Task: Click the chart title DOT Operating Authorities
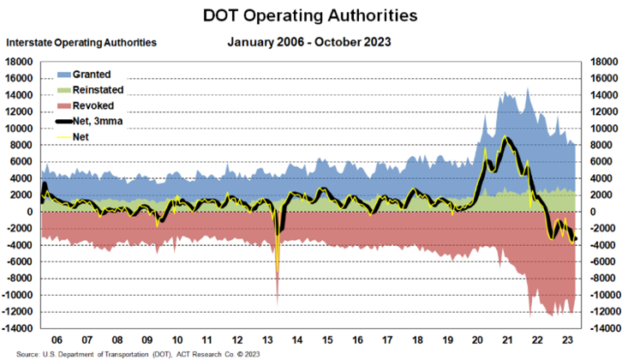coord(311,15)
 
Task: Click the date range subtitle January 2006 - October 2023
coord(311,41)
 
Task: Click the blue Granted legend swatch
coord(64,75)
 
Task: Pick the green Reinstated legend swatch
coord(64,89)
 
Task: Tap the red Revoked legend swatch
coord(64,105)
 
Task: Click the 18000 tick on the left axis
coord(19,62)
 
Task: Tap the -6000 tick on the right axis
coord(601,261)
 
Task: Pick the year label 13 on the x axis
coord(266,340)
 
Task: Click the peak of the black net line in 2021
coord(507,138)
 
